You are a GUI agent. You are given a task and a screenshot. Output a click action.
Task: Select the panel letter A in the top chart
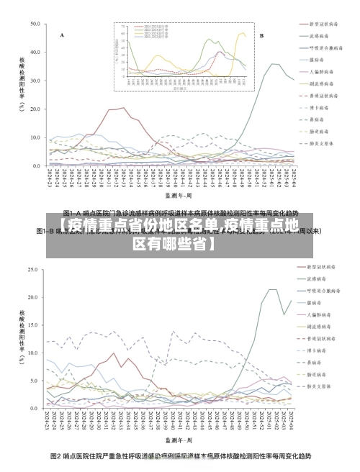click(62, 35)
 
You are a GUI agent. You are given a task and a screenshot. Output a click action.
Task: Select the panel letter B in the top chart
click(261, 35)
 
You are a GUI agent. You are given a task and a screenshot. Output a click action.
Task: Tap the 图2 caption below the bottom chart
click(180, 456)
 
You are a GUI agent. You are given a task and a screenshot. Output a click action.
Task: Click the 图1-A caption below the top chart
click(180, 213)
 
